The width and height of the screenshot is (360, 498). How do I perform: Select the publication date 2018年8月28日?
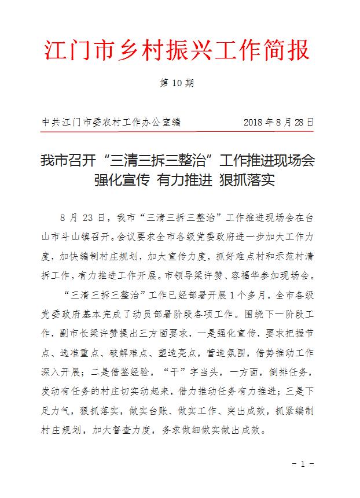point(278,123)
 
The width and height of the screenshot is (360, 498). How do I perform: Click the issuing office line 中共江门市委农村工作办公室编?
point(111,123)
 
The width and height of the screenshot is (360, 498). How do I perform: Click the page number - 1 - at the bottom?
point(303,463)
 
